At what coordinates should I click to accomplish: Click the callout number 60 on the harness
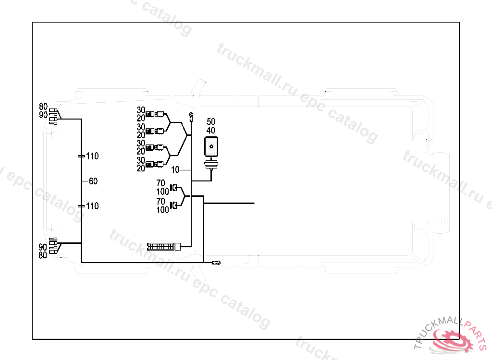click(x=93, y=181)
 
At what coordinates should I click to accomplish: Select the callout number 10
click(x=175, y=170)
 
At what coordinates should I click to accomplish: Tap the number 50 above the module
click(x=211, y=121)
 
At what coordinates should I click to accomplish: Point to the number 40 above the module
click(x=211, y=130)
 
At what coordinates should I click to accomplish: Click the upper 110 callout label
click(x=92, y=156)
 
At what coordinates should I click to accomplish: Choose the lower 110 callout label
click(x=92, y=206)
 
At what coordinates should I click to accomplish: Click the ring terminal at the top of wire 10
click(x=191, y=115)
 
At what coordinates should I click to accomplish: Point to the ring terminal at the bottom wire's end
click(x=218, y=263)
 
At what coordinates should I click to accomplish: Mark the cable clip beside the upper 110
click(x=81, y=156)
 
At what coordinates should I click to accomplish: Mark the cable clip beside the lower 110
click(x=81, y=206)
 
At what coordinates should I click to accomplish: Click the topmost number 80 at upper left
click(x=43, y=107)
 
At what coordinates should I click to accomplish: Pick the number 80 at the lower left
click(x=43, y=255)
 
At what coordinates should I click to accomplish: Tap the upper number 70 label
click(x=160, y=183)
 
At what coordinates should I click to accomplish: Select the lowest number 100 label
click(x=162, y=210)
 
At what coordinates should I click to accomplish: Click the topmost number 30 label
click(x=141, y=110)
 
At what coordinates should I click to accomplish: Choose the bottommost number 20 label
click(x=141, y=168)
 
